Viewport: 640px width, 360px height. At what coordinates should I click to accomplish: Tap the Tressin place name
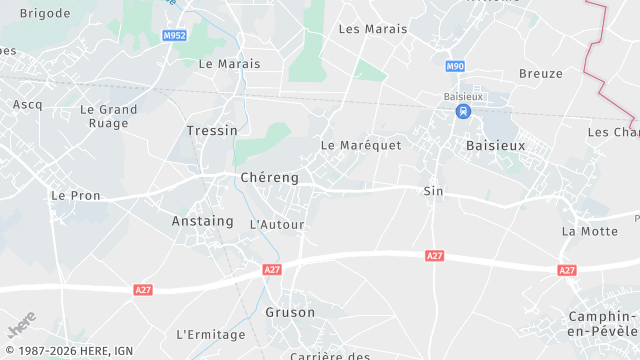[212, 130]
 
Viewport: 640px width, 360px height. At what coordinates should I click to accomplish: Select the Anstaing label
[202, 221]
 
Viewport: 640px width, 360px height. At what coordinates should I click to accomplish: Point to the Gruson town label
[290, 312]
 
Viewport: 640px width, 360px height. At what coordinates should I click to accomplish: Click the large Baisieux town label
[496, 145]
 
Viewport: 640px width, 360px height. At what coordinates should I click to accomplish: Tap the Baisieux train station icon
[462, 112]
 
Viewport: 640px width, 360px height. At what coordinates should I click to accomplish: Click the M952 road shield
[174, 35]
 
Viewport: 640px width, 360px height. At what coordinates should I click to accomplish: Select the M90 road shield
[456, 66]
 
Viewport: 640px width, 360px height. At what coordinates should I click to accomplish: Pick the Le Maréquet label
[361, 145]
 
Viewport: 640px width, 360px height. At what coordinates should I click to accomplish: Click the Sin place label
[433, 191]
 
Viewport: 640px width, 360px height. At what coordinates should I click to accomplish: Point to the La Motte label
[590, 231]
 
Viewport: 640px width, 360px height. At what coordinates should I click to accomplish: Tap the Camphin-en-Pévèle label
[602, 323]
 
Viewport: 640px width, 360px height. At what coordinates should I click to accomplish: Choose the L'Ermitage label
[210, 334]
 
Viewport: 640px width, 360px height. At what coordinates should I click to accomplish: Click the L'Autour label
[276, 225]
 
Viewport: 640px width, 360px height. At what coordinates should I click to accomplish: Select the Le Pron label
[76, 196]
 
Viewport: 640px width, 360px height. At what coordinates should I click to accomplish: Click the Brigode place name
[46, 13]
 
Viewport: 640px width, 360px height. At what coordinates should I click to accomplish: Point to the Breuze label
[541, 73]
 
